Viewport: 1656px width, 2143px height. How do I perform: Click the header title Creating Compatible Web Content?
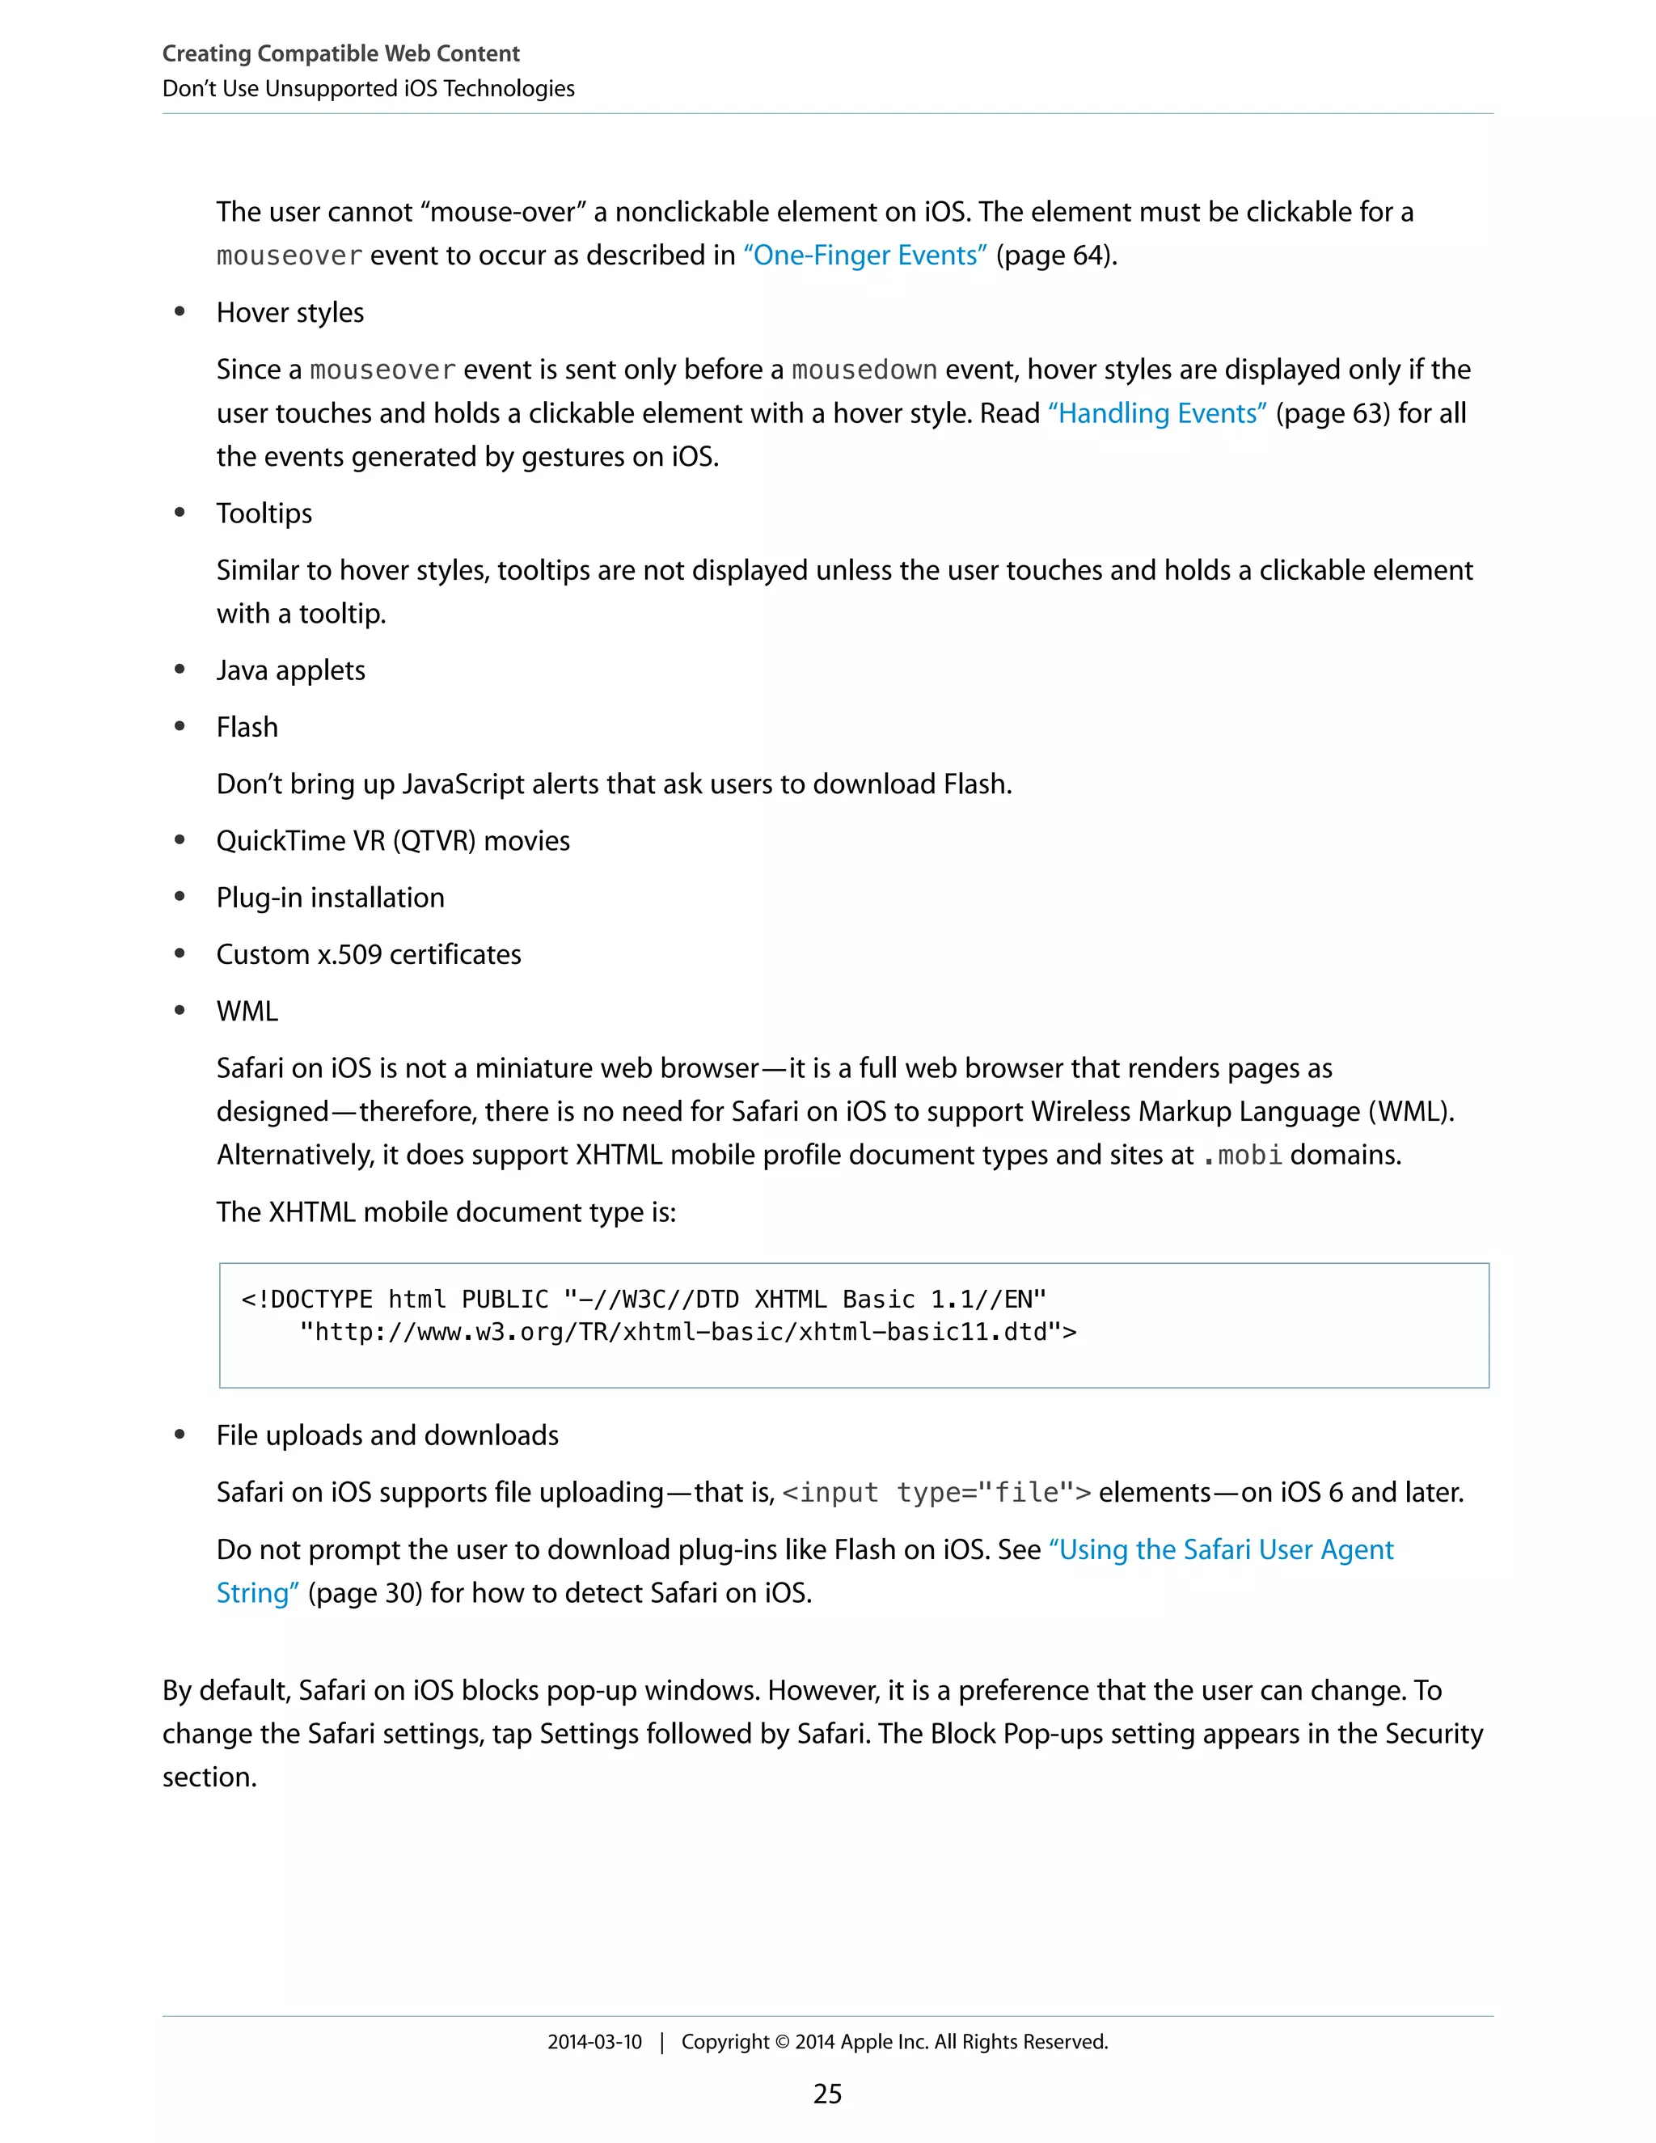point(340,54)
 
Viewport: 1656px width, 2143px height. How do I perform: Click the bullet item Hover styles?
point(289,313)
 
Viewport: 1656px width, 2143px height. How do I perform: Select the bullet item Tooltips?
point(264,514)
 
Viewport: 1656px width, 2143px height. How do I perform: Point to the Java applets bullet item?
point(290,671)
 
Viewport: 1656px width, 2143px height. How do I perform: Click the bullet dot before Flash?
point(180,727)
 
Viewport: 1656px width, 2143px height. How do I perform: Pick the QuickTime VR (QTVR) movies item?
point(392,842)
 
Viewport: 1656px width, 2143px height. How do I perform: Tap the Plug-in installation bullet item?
point(330,898)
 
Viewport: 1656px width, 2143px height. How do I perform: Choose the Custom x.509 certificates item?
point(368,956)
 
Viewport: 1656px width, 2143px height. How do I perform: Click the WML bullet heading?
point(247,1012)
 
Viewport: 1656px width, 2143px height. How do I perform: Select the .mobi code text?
point(1242,1156)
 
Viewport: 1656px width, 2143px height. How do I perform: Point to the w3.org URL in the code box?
point(686,1333)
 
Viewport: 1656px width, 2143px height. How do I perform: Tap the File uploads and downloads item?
point(387,1436)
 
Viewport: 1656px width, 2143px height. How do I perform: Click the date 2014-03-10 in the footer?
point(594,2042)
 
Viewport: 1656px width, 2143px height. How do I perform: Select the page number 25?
point(827,2094)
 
